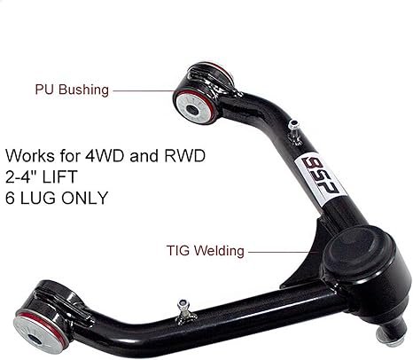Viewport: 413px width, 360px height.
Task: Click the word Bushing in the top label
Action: (83, 90)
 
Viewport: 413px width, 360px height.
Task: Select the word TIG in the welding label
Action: (178, 251)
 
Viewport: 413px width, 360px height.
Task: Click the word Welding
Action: (219, 251)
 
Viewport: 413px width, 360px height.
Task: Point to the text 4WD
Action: (105, 155)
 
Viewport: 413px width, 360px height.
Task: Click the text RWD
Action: (184, 155)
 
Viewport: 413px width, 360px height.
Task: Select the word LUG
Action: (37, 198)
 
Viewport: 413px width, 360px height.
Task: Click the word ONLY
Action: (85, 198)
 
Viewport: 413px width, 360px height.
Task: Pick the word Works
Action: (30, 155)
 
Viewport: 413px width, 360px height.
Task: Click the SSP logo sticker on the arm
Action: (320, 179)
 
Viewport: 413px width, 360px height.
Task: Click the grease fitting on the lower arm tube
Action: (184, 310)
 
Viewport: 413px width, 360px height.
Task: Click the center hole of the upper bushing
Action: (192, 111)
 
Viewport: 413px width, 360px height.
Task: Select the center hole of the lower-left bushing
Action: (35, 340)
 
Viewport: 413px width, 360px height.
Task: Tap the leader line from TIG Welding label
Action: (283, 252)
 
